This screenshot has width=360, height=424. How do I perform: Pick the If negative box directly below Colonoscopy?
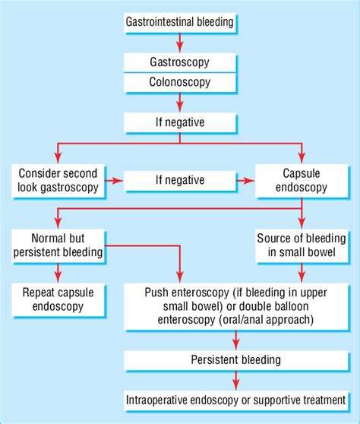(179, 121)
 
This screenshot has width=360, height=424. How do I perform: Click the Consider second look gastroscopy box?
(55, 181)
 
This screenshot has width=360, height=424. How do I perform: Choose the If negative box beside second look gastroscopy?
(179, 181)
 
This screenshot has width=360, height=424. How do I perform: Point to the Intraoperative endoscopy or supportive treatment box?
(235, 398)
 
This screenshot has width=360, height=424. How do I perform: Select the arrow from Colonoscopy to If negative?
(179, 100)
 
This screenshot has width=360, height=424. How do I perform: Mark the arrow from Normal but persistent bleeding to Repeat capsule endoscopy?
(55, 271)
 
